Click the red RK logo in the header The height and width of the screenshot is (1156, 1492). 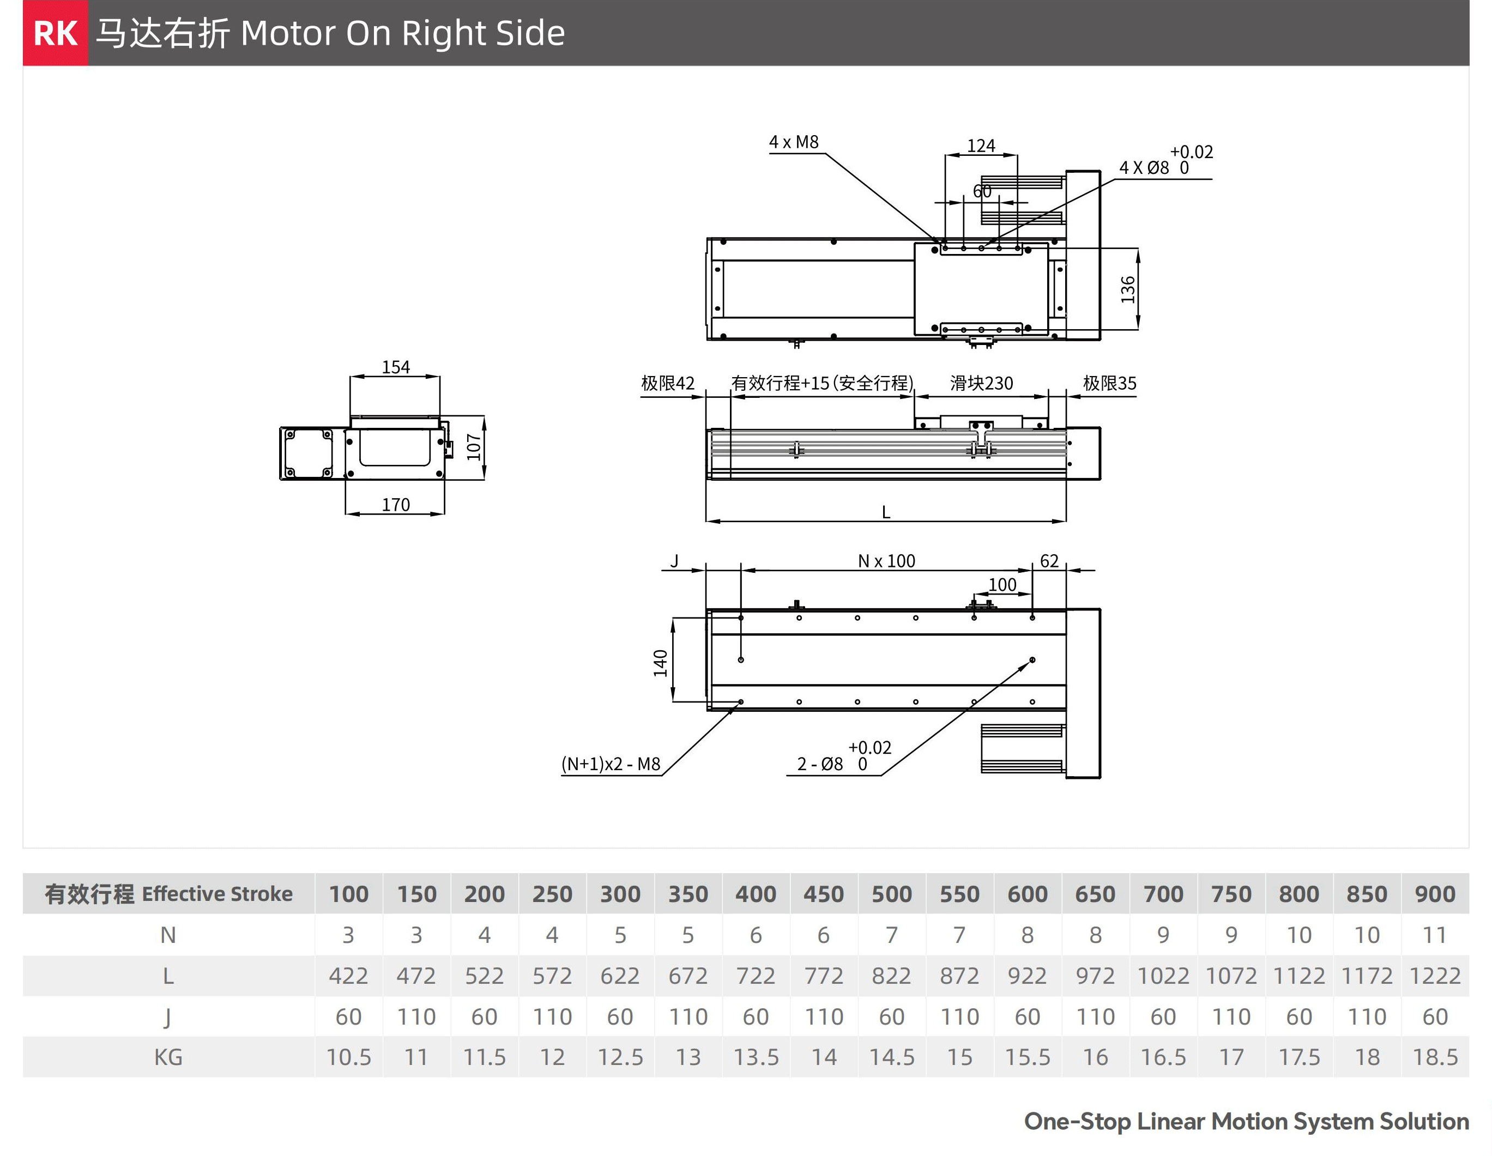pyautogui.click(x=56, y=33)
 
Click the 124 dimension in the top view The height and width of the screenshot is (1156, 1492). pyautogui.click(x=981, y=146)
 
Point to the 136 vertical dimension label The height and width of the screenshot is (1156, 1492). pyautogui.click(x=1128, y=290)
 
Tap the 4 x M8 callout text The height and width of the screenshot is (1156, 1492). pyautogui.click(x=793, y=142)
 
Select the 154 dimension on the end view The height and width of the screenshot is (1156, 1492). pyautogui.click(x=396, y=367)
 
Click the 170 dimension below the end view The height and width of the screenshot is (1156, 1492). pyautogui.click(x=396, y=505)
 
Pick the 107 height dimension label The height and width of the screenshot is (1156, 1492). pyautogui.click(x=473, y=447)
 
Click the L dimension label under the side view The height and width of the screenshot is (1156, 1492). pyautogui.click(x=886, y=512)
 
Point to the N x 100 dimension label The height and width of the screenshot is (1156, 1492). pyautogui.click(x=886, y=561)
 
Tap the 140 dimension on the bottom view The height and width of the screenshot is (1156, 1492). pyautogui.click(x=660, y=663)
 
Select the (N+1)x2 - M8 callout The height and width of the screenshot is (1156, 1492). pyautogui.click(x=611, y=764)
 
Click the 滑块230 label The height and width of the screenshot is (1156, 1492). pyautogui.click(x=981, y=383)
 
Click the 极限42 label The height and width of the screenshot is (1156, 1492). pyautogui.click(x=667, y=383)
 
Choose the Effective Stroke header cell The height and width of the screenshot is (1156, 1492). pyautogui.click(x=169, y=894)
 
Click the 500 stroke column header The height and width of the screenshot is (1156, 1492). pyautogui.click(x=891, y=894)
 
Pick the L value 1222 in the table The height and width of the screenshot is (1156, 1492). pyautogui.click(x=1435, y=976)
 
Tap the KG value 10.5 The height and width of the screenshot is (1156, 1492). pyautogui.click(x=348, y=1057)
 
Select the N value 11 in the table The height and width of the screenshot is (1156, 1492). pyautogui.click(x=1435, y=935)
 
